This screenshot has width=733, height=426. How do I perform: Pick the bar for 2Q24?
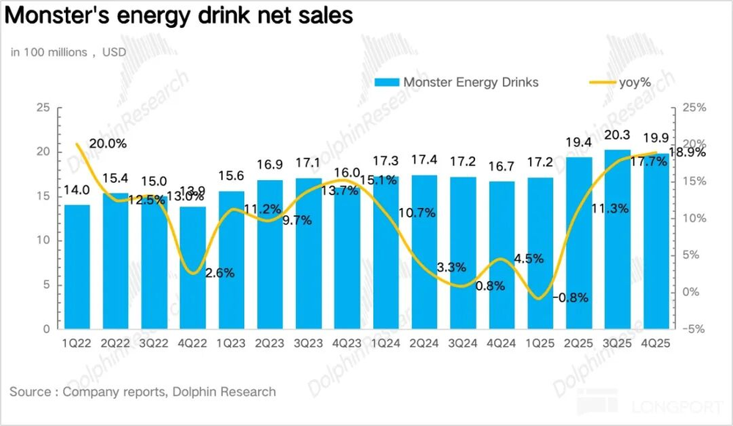click(x=424, y=253)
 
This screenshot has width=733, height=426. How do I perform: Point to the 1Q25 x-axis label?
click(x=540, y=341)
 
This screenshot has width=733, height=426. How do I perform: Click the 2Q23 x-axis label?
click(x=270, y=341)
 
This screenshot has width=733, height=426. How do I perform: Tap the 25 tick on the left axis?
click(x=43, y=108)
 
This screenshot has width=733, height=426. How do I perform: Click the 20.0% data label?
click(x=108, y=143)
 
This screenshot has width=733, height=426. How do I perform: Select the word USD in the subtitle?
click(x=114, y=52)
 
